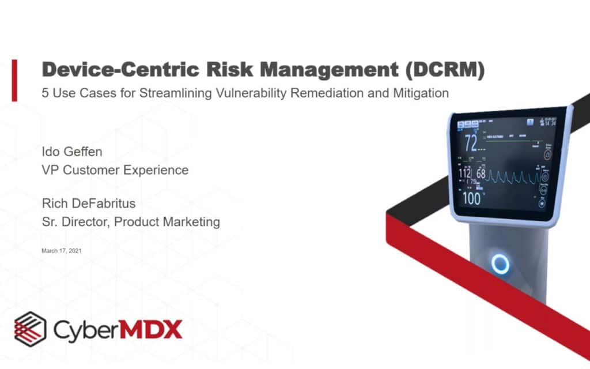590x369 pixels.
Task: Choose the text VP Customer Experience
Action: [x=115, y=170]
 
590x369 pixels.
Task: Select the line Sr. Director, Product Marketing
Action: [x=130, y=221]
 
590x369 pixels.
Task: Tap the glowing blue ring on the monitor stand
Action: [x=500, y=265]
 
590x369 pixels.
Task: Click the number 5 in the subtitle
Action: [x=46, y=93]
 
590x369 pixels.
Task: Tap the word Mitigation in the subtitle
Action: [x=421, y=93]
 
